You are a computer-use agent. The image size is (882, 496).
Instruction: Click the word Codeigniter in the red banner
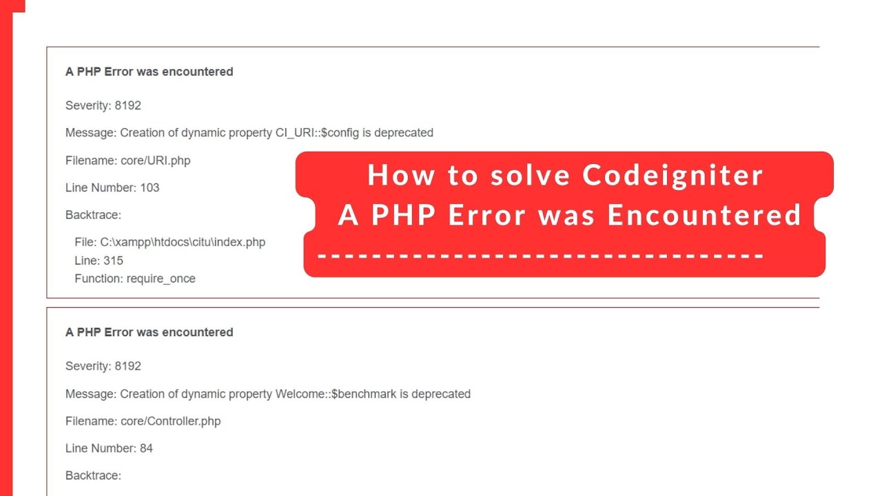click(673, 175)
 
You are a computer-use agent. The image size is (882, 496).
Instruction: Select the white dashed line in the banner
click(541, 256)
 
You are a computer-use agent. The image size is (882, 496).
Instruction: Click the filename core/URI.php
click(156, 161)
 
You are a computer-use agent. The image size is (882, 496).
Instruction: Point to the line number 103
click(150, 187)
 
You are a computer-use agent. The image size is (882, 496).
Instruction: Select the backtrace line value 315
click(114, 260)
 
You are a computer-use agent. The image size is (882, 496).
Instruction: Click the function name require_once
click(161, 278)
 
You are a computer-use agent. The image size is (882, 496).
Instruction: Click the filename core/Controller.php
click(171, 421)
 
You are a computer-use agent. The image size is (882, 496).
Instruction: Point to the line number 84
click(146, 448)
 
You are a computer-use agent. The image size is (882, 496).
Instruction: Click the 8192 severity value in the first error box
click(128, 105)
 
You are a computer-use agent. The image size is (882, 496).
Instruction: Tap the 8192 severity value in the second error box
click(128, 366)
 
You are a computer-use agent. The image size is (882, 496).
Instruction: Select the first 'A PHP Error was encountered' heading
click(149, 72)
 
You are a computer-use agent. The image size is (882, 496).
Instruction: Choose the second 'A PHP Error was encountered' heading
click(149, 332)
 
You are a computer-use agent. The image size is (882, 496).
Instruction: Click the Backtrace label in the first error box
click(93, 215)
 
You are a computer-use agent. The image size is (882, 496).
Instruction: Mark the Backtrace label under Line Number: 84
click(93, 475)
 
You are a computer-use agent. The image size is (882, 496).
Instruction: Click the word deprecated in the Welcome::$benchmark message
click(441, 394)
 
